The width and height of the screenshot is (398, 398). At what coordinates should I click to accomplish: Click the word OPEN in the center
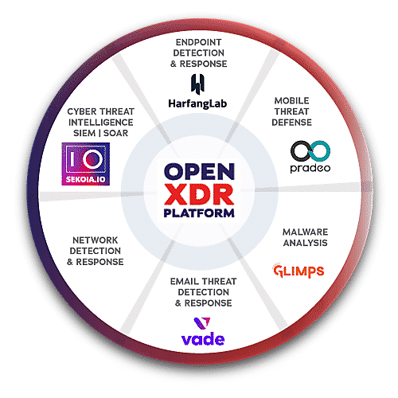pos(199,171)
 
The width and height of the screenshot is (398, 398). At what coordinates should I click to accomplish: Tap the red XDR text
pos(199,195)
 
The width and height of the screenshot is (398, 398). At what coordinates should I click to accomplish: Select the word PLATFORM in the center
pos(199,213)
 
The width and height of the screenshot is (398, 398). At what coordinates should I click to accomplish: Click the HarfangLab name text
pos(197,103)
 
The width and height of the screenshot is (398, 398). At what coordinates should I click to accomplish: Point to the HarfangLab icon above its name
pos(198,84)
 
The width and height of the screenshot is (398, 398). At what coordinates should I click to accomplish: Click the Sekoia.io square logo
pos(86,164)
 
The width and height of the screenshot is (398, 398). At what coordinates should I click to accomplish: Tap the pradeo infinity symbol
pos(310,151)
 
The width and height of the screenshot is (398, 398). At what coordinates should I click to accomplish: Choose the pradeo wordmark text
pos(310,168)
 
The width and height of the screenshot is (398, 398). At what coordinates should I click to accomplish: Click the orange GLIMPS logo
pos(298,271)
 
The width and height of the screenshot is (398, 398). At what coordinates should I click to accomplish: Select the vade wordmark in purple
pos(203,339)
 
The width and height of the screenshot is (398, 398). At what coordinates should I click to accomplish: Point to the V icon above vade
pos(202,323)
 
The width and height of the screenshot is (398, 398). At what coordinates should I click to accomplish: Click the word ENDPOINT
pos(198,42)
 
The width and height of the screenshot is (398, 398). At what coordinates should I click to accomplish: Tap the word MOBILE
pos(291,100)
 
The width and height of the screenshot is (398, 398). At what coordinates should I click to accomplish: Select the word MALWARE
pos(305,232)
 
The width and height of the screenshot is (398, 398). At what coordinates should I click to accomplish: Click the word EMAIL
pos(185,281)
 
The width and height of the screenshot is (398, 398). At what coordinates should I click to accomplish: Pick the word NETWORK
pos(95,240)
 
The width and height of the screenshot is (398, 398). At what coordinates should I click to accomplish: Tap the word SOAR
pos(115,133)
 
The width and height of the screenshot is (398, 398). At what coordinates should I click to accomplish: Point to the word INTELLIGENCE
pos(101,123)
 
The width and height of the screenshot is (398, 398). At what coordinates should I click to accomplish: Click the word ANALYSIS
pos(305,243)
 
